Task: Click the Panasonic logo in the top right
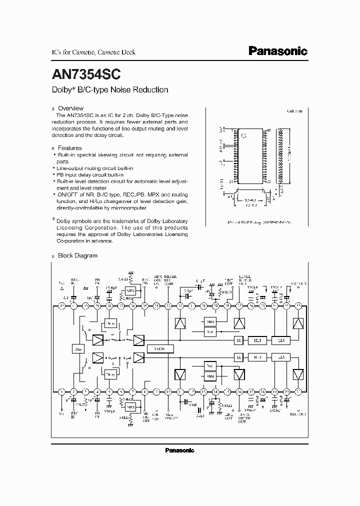click(278, 51)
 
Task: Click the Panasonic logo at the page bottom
click(179, 450)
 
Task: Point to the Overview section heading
click(70, 108)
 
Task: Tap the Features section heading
click(69, 148)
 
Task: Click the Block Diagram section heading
click(77, 255)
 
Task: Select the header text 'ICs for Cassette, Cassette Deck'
click(93, 52)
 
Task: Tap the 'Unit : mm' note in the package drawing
click(294, 111)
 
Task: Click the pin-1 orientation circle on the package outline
click(244, 135)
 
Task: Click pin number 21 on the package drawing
click(231, 181)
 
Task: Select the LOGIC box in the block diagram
click(160, 348)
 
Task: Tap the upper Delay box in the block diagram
click(110, 323)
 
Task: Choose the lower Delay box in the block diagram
click(110, 373)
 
